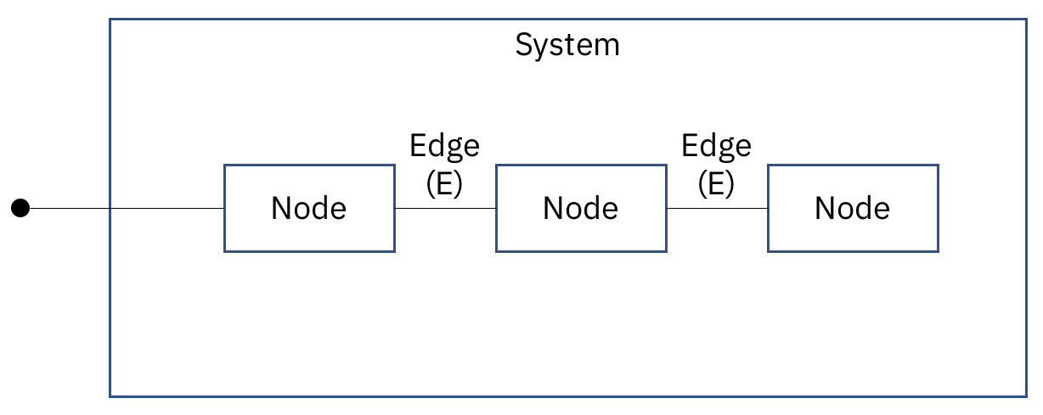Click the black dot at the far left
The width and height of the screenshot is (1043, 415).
click(x=20, y=208)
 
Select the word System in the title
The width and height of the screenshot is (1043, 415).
click(x=567, y=45)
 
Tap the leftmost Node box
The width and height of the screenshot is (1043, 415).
click(x=309, y=208)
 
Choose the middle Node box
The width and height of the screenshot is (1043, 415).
click(x=581, y=208)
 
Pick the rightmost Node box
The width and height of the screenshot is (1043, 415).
click(x=853, y=208)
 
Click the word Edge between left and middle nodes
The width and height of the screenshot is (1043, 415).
click(x=444, y=147)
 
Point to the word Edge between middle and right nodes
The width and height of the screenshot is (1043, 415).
click(x=716, y=147)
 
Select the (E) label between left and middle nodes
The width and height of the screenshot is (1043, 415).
click(x=444, y=183)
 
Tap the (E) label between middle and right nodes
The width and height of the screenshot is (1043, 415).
click(x=716, y=183)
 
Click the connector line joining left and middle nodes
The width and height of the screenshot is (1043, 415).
click(x=445, y=208)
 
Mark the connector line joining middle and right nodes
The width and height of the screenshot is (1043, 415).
click(x=717, y=208)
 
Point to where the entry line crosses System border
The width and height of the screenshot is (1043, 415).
click(x=110, y=208)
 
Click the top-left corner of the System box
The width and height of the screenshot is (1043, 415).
click(x=110, y=20)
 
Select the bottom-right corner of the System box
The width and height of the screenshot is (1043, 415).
click(x=1026, y=395)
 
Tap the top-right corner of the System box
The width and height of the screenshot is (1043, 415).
click(x=1026, y=20)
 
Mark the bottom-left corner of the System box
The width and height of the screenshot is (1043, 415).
click(x=110, y=395)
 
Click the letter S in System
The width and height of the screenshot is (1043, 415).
click(x=524, y=45)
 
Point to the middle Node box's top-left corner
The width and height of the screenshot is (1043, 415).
click(x=497, y=165)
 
